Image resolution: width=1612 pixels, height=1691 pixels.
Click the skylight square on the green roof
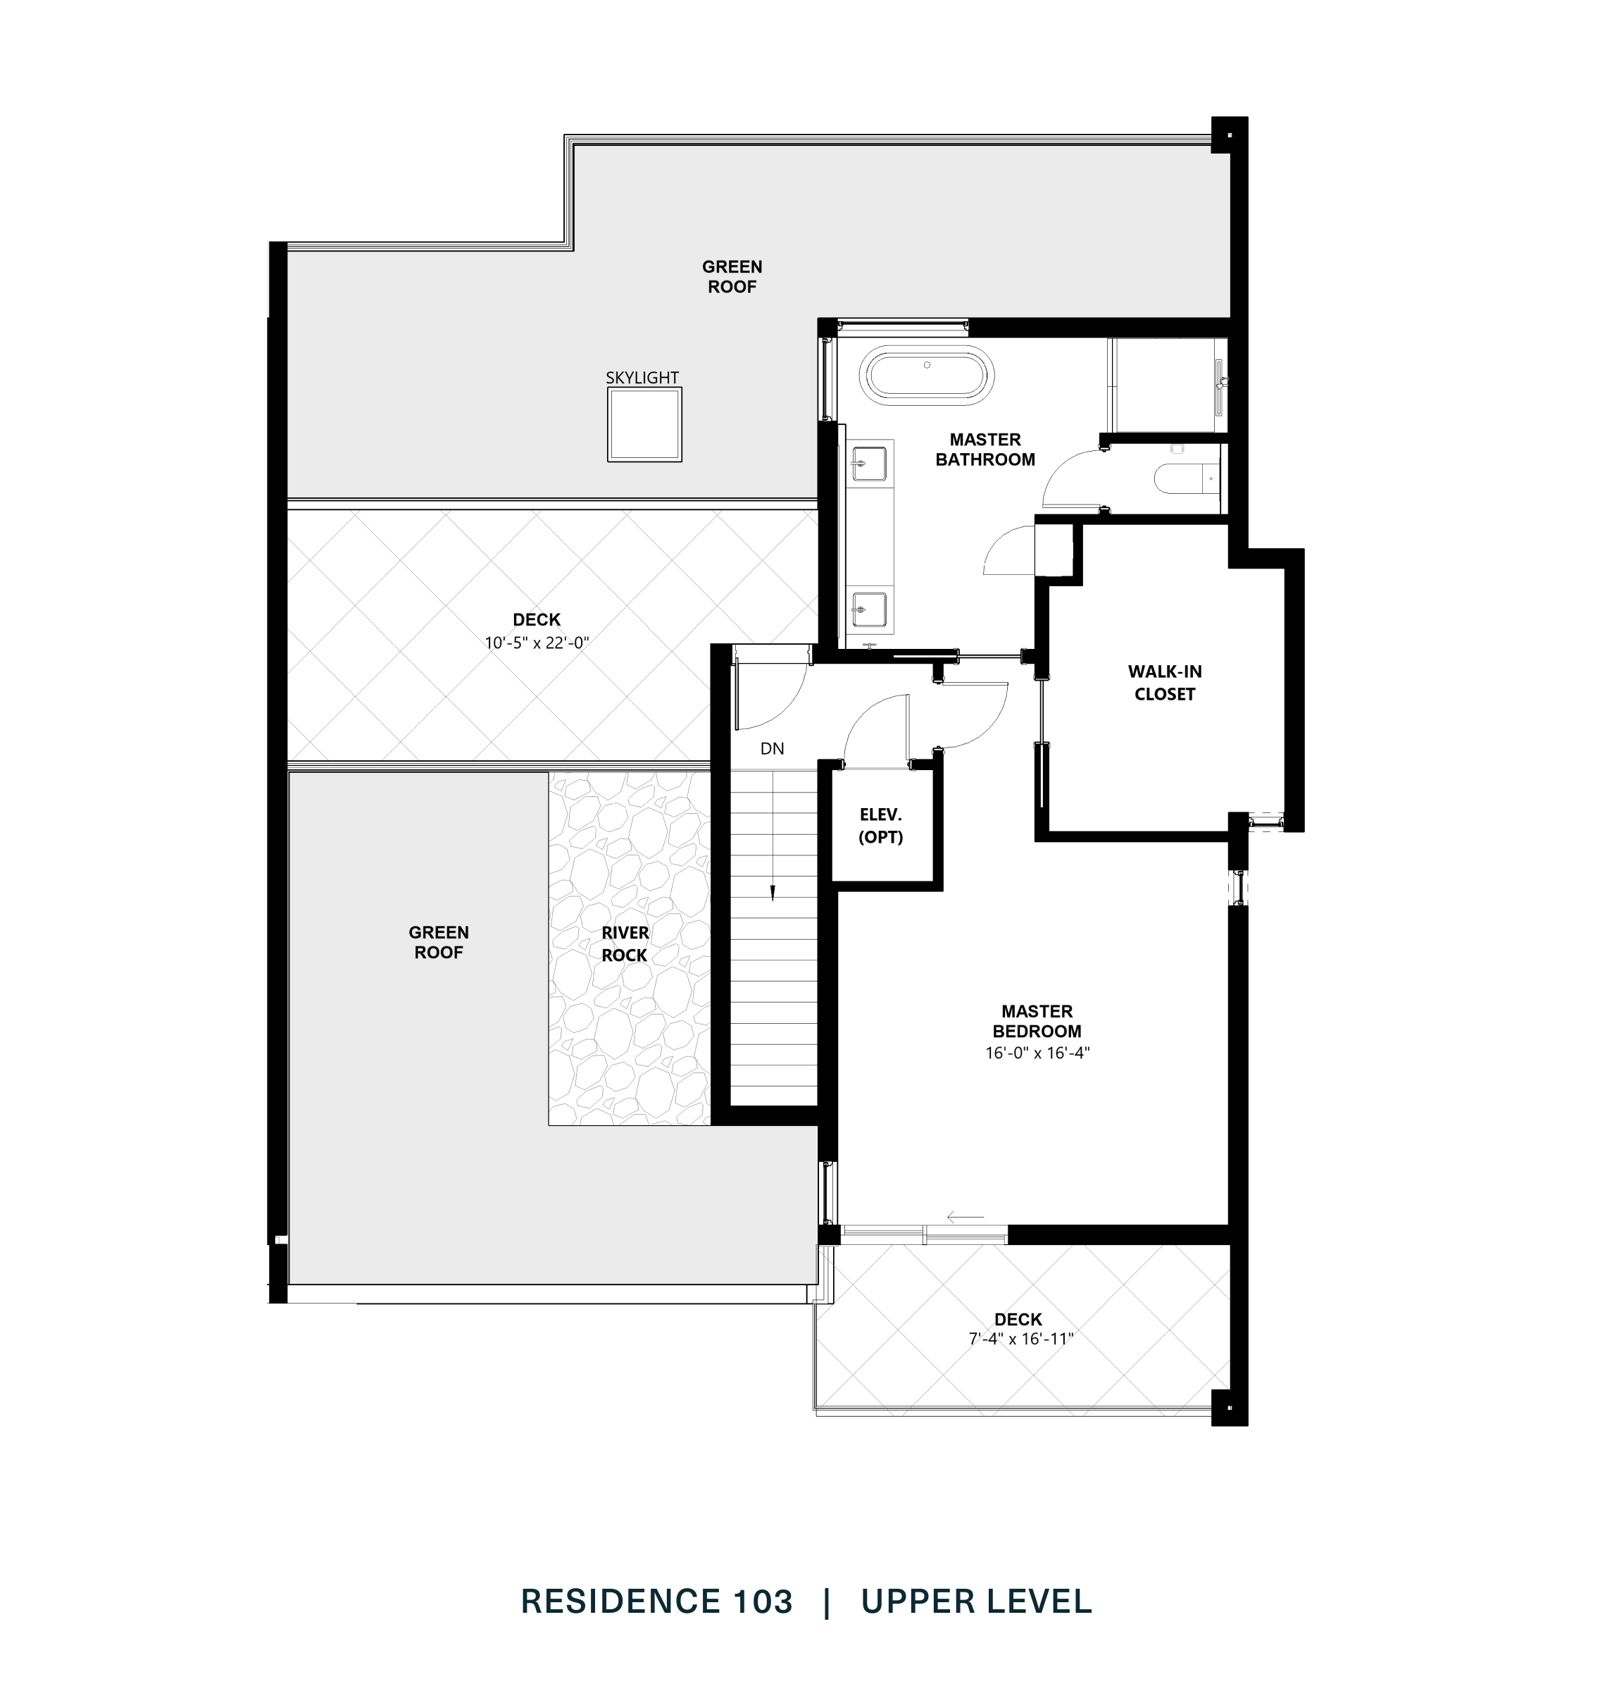pyautogui.click(x=644, y=425)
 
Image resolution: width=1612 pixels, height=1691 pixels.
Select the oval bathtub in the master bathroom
pyautogui.click(x=929, y=375)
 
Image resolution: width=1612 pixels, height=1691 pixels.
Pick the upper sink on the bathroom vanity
pyautogui.click(x=869, y=464)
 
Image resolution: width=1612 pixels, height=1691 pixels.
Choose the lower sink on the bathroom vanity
pyautogui.click(x=869, y=609)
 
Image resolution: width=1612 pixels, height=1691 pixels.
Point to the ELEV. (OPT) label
pyautogui.click(x=881, y=825)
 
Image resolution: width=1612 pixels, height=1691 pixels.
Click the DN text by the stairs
pyautogui.click(x=772, y=749)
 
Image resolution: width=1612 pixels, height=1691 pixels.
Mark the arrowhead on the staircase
pyautogui.click(x=773, y=895)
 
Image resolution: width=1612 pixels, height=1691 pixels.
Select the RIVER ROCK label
pyautogui.click(x=625, y=943)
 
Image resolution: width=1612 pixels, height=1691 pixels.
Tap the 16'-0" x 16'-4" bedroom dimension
pyautogui.click(x=1037, y=1052)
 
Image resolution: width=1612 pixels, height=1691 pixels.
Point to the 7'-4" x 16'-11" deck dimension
pyautogui.click(x=1021, y=1339)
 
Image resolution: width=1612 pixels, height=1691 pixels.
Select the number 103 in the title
pyautogui.click(x=761, y=1602)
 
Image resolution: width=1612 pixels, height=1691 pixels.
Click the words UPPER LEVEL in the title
pyautogui.click(x=976, y=1602)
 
